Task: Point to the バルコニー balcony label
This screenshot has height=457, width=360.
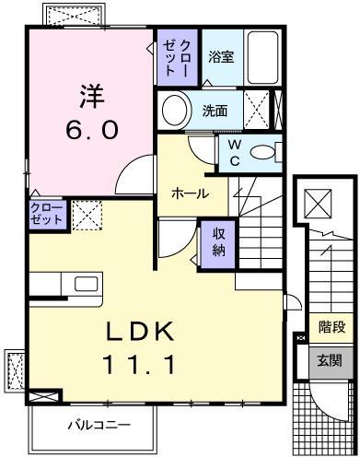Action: coord(98,425)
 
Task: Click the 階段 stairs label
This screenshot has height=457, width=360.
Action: coord(331,326)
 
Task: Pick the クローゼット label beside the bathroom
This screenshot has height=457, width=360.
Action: coord(175,58)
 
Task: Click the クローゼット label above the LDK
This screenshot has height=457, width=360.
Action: coord(46,215)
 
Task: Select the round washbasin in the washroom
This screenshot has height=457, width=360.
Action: coord(175,111)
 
